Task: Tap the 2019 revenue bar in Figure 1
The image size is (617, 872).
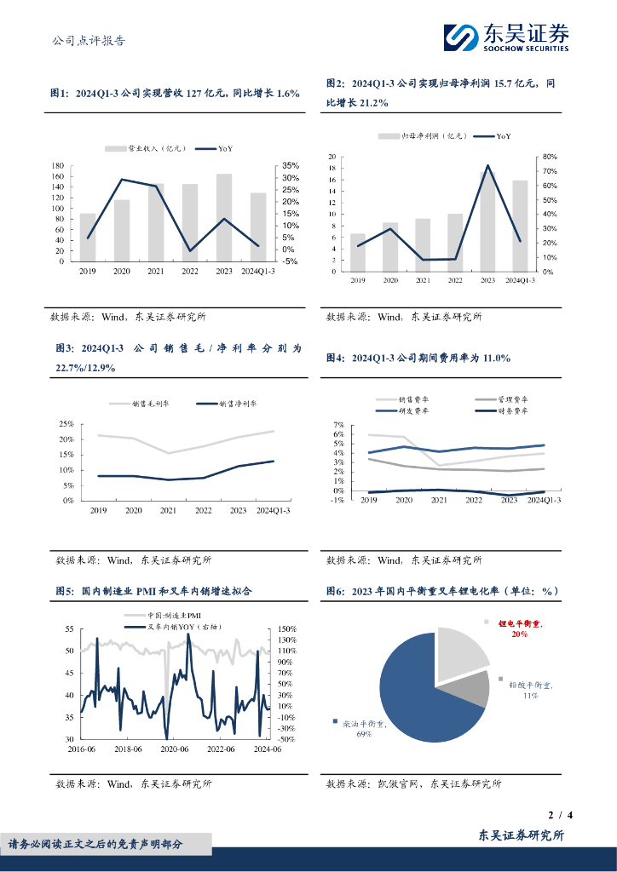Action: coord(88,237)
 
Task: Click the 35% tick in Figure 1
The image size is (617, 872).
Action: coord(290,165)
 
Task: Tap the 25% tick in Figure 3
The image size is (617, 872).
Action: coord(66,424)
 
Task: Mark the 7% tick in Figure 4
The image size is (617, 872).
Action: coord(337,425)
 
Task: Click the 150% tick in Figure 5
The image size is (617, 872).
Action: coord(287,628)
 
